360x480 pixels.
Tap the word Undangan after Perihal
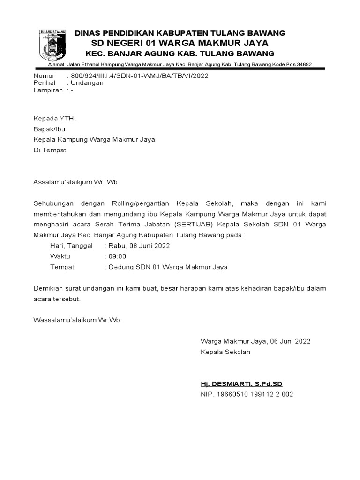coord(87,82)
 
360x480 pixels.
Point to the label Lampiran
coord(48,90)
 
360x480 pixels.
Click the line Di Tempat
coord(50,150)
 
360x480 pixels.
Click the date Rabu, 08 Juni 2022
coord(139,246)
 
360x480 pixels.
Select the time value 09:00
coord(117,256)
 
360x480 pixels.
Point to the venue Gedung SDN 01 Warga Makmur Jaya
coord(168,267)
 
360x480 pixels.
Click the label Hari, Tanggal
coord(72,246)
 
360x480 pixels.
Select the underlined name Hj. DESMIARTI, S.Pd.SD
coord(241,383)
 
